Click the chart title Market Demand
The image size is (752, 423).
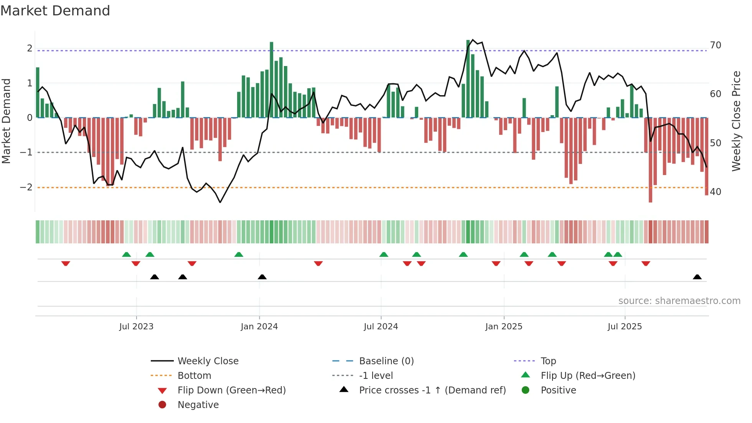(55, 11)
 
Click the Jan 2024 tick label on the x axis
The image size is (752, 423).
(259, 327)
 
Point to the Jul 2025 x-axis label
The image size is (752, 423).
(625, 327)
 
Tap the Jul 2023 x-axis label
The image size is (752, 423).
(136, 327)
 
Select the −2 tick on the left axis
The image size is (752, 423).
(26, 187)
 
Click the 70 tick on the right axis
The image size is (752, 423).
(716, 45)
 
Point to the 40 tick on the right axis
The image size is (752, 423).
(716, 192)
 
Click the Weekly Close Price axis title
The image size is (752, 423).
(736, 121)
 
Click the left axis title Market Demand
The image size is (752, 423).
(6, 121)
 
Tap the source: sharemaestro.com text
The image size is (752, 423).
(679, 301)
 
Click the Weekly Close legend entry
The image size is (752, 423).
(208, 361)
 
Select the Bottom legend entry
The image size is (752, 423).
(194, 376)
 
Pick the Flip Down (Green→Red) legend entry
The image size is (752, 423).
(231, 390)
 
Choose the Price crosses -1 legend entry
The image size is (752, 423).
(432, 390)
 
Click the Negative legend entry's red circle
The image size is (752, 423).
(162, 405)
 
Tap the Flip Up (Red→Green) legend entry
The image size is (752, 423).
(588, 376)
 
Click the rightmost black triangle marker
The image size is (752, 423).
(697, 277)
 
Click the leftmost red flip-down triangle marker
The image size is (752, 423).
(66, 263)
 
